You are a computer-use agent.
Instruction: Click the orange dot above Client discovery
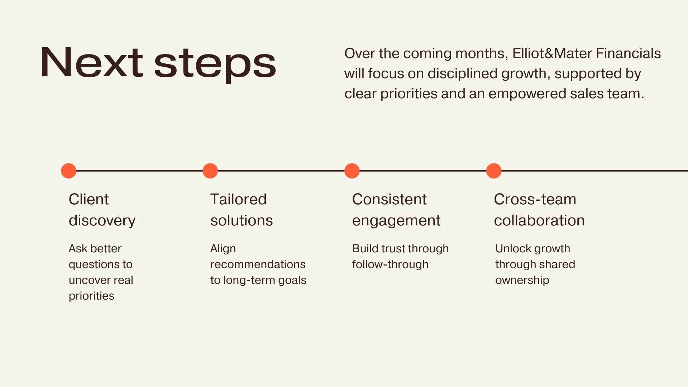[x=68, y=171]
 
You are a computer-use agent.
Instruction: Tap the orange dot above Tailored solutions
[x=210, y=171]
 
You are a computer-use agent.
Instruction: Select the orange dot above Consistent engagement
[x=352, y=171]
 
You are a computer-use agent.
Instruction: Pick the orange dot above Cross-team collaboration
[x=494, y=171]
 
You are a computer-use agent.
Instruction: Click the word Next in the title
[x=92, y=62]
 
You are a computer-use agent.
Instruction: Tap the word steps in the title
[x=215, y=64]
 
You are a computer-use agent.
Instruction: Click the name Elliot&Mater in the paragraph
[x=552, y=53]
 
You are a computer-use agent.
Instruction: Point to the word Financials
[x=629, y=53]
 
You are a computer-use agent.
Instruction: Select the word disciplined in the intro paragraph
[x=462, y=74]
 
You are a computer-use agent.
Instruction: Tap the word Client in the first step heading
[x=89, y=199]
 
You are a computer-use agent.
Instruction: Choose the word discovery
[x=102, y=220]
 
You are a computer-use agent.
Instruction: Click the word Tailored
[x=238, y=199]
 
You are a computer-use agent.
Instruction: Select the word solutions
[x=242, y=220]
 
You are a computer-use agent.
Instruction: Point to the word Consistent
[x=389, y=199]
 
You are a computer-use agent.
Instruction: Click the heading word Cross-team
[x=535, y=199]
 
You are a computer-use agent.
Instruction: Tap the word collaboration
[x=539, y=220]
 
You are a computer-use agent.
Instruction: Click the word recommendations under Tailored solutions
[x=258, y=264]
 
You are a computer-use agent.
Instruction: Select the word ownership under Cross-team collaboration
[x=522, y=281]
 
